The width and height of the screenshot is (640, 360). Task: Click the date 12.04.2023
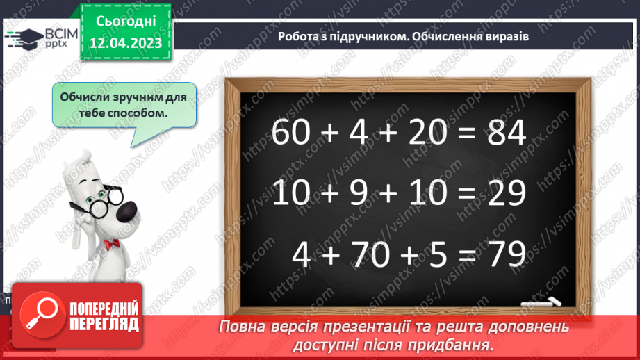click(126, 43)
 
